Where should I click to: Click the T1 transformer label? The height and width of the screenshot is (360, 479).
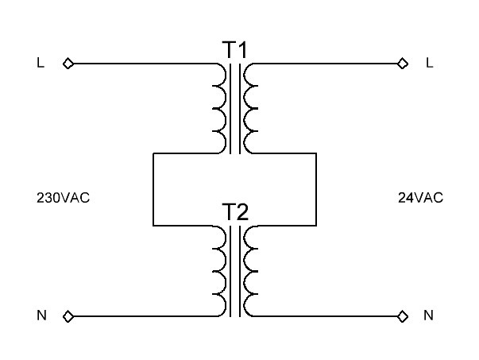pos(235,50)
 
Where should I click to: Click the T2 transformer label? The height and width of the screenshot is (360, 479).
pos(235,212)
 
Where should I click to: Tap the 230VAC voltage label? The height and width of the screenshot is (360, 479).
pos(64,197)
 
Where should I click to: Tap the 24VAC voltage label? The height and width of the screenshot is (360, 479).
pos(420,197)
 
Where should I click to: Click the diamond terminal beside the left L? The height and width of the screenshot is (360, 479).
pos(68,64)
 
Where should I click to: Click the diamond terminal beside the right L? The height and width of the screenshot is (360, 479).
pos(402,64)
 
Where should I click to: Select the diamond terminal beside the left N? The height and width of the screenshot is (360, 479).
pos(68,316)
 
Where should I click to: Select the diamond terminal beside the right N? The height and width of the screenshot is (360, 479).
pos(402,316)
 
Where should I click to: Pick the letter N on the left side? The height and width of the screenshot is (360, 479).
pos(41,316)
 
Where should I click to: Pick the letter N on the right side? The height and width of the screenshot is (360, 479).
pos(429,316)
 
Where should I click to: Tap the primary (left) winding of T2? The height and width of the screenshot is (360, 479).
pos(218,270)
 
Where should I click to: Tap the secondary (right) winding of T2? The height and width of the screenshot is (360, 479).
pos(251,270)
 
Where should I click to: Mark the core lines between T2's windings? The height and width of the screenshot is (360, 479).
pos(235,270)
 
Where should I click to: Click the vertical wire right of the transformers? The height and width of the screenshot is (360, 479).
pos(317,188)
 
